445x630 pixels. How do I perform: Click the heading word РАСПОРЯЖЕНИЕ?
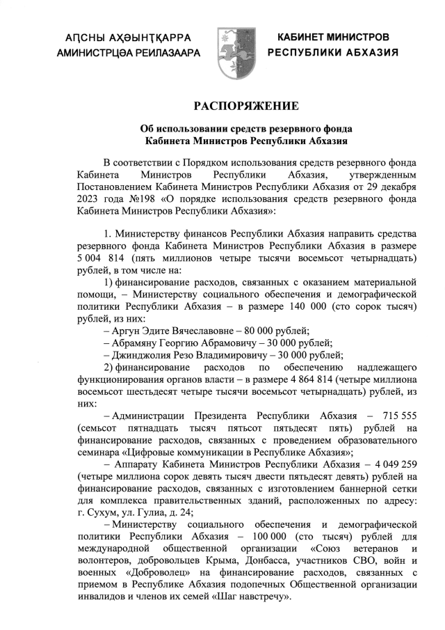[x=246, y=106]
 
